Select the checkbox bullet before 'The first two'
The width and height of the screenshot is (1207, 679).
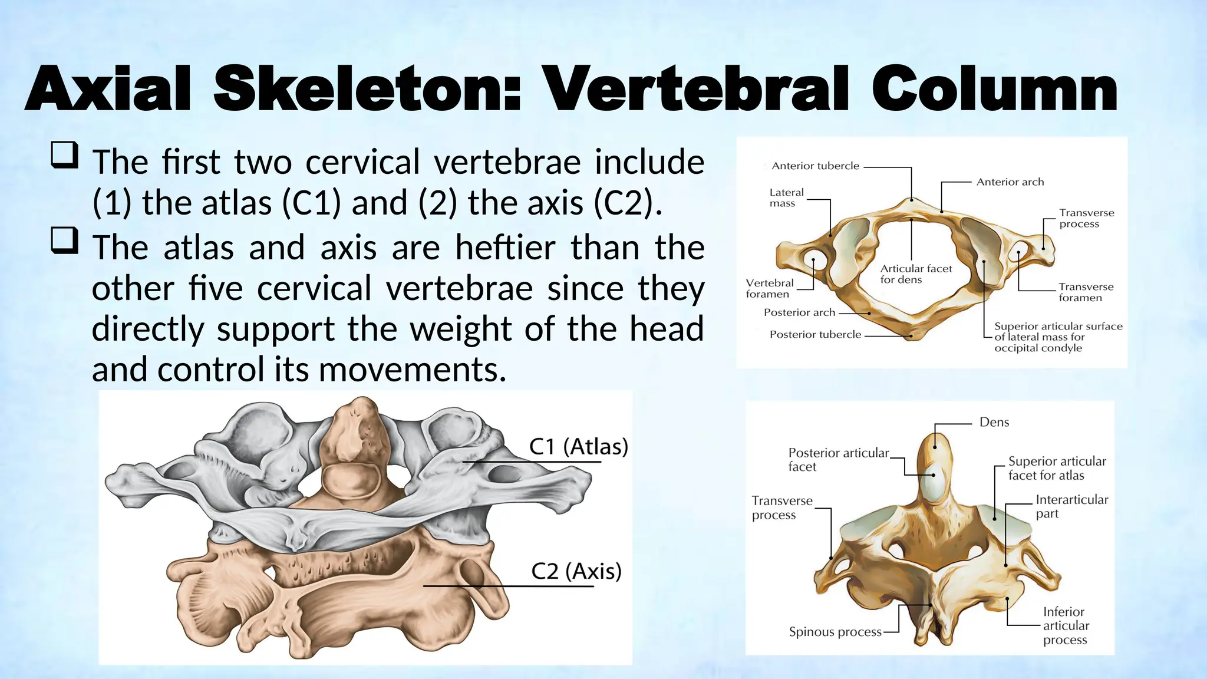(64, 155)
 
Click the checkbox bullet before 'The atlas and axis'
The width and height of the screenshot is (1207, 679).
(64, 240)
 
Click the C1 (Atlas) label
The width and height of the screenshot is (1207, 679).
(578, 447)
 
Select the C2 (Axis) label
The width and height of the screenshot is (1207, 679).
(576, 571)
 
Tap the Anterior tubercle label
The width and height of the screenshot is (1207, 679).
(815, 166)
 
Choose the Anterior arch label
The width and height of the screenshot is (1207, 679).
(1010, 182)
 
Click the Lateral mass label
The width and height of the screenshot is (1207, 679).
(786, 197)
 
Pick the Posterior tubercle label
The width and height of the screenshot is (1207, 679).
(815, 335)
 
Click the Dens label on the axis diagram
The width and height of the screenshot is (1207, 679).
(994, 422)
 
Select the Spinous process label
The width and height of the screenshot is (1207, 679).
(835, 632)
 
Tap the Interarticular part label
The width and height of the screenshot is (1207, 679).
(1071, 506)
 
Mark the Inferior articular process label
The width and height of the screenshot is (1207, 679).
(1066, 625)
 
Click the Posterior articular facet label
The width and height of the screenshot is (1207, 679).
(838, 460)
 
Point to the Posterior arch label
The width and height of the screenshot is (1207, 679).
(799, 312)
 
